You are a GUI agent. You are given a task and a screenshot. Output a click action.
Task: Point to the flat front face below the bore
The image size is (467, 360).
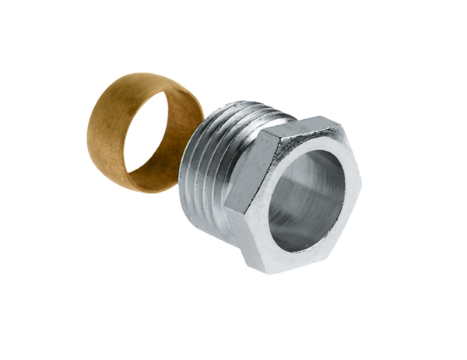(x=311, y=253)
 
